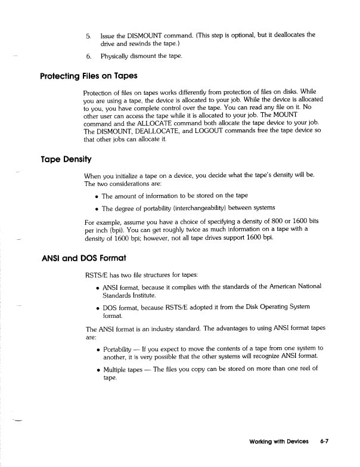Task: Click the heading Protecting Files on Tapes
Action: click(88, 76)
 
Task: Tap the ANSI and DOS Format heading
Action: click(82, 258)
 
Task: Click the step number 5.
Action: click(88, 35)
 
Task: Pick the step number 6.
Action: click(88, 57)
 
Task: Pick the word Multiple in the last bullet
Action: click(117, 369)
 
